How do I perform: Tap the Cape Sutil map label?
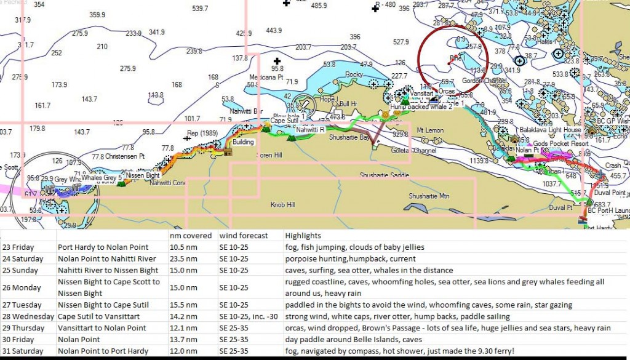(284, 121)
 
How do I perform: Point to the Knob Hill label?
(283, 204)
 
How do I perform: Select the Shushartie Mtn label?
(429, 196)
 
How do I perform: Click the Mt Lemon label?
(430, 130)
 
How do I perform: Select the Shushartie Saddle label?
(385, 175)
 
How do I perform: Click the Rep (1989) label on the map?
(202, 132)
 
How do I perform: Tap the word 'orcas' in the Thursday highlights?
(295, 327)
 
